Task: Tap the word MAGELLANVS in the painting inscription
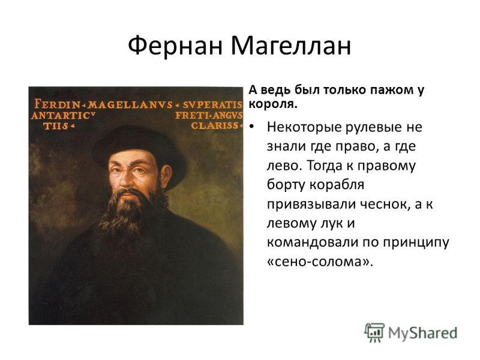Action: [130, 104]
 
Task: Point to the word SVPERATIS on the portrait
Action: [212, 104]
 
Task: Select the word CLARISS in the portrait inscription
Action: [215, 125]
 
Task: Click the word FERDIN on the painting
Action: [57, 104]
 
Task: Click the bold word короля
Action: [273, 104]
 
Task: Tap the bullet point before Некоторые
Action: [251, 127]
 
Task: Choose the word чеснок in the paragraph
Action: [385, 204]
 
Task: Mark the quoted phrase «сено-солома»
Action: [320, 262]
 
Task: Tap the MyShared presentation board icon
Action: [374, 332]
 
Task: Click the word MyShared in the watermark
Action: [423, 334]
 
